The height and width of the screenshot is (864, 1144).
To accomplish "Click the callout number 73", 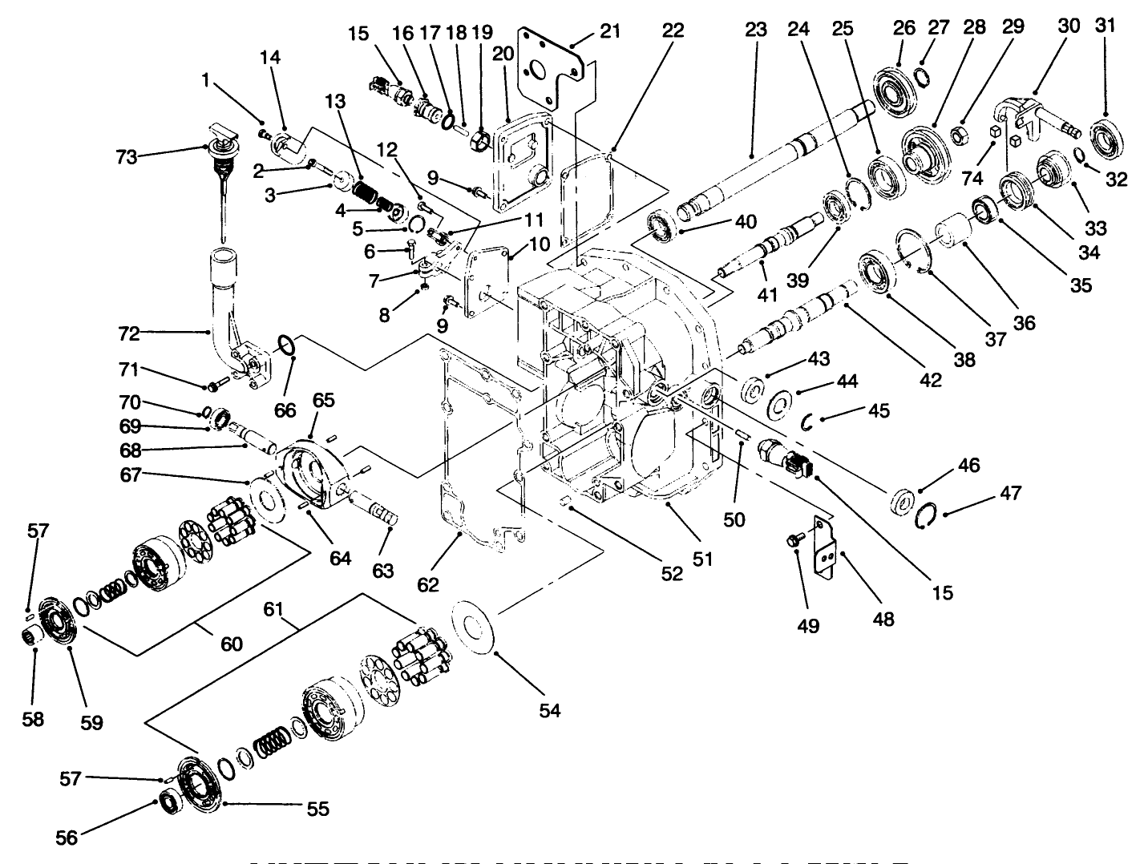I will point(127,157).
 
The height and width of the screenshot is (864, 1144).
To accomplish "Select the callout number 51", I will point(702,558).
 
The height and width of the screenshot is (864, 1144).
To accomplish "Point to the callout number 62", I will point(428,584).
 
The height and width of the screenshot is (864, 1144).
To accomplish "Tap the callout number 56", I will point(67,837).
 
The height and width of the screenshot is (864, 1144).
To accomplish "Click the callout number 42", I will point(930,380).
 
